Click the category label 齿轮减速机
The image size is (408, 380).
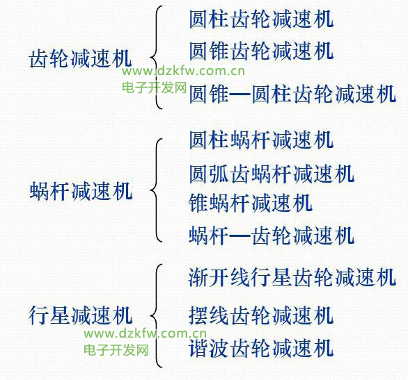(81, 59)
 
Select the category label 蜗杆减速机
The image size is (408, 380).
(81, 191)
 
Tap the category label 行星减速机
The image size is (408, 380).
(81, 315)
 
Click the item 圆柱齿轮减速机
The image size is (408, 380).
(261, 19)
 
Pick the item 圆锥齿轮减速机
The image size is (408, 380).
(261, 51)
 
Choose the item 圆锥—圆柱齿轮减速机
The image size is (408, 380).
(292, 94)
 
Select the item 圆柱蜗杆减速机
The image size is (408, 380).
(261, 140)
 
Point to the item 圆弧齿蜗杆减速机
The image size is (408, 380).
(272, 174)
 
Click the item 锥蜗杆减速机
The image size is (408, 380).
(251, 203)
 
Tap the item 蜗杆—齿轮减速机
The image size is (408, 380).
(272, 236)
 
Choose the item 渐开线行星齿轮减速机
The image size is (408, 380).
(292, 277)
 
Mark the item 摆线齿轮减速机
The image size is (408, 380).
(261, 315)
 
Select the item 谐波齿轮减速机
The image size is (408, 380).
(261, 348)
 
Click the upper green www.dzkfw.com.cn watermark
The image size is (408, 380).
(183, 71)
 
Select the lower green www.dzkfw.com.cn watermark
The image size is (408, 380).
(146, 333)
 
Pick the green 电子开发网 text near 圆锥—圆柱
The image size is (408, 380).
(155, 88)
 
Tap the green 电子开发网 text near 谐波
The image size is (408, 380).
(116, 350)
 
